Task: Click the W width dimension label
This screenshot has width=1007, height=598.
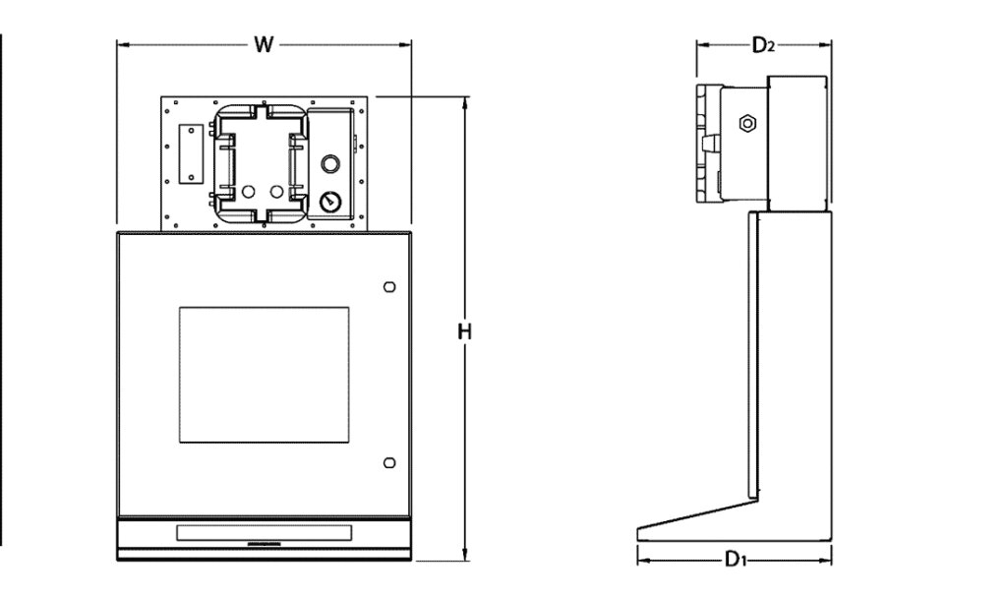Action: pyautogui.click(x=263, y=44)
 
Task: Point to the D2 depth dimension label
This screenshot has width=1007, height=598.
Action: pyautogui.click(x=764, y=45)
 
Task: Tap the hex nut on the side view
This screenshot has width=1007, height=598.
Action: pyautogui.click(x=746, y=123)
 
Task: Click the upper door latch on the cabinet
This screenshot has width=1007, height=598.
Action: pyautogui.click(x=388, y=286)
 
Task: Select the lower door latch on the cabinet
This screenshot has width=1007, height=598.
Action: pyautogui.click(x=388, y=462)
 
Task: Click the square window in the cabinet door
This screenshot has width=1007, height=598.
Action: pyautogui.click(x=264, y=373)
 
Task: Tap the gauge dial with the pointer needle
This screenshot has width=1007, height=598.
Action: pyautogui.click(x=328, y=202)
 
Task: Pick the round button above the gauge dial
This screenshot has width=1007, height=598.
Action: pyautogui.click(x=329, y=163)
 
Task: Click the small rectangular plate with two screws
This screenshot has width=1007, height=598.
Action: pyautogui.click(x=187, y=154)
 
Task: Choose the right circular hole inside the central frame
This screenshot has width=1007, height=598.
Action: pyautogui.click(x=277, y=190)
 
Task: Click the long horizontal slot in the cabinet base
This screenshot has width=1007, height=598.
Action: pyautogui.click(x=263, y=533)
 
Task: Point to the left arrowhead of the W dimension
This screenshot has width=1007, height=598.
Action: pyautogui.click(x=121, y=44)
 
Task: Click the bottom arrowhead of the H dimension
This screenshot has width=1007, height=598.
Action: pyautogui.click(x=465, y=556)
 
